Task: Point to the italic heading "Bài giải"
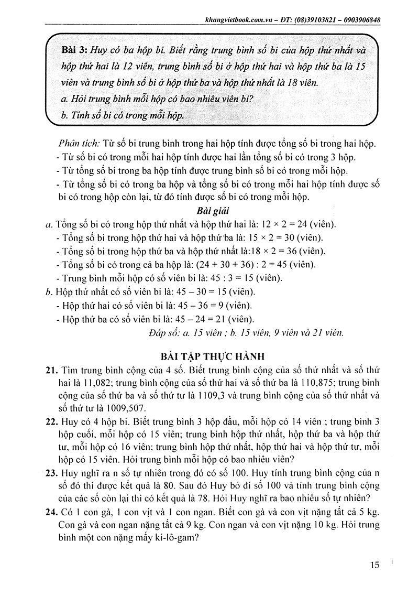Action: [x=210, y=211]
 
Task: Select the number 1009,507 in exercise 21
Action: [x=118, y=408]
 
